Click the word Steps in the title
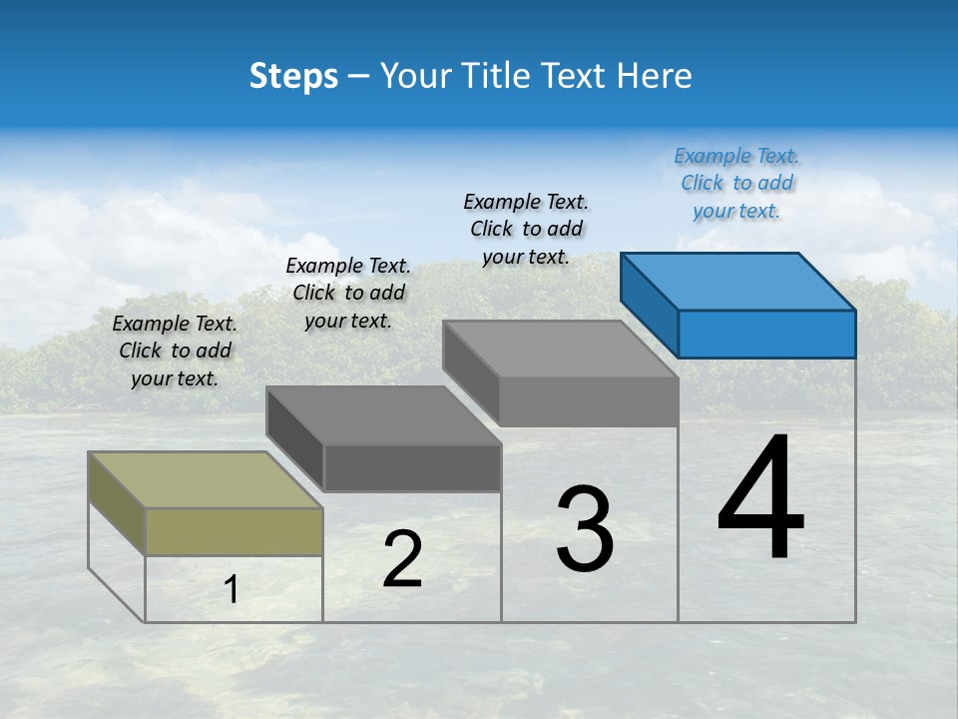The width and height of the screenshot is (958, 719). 293,76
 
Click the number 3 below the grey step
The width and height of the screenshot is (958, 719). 585,529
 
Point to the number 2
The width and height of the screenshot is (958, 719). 402,559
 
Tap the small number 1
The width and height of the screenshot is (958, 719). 232,590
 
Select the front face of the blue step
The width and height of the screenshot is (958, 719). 766,334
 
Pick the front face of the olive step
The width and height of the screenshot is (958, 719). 234,531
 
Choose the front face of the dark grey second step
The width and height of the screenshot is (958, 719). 412,468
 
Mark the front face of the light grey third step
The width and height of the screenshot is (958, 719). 589,401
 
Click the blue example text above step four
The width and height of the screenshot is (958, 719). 736,184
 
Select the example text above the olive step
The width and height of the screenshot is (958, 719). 175,351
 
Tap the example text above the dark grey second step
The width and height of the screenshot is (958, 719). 348,293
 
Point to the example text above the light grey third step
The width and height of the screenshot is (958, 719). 526,229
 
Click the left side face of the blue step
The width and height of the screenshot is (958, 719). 649,305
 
